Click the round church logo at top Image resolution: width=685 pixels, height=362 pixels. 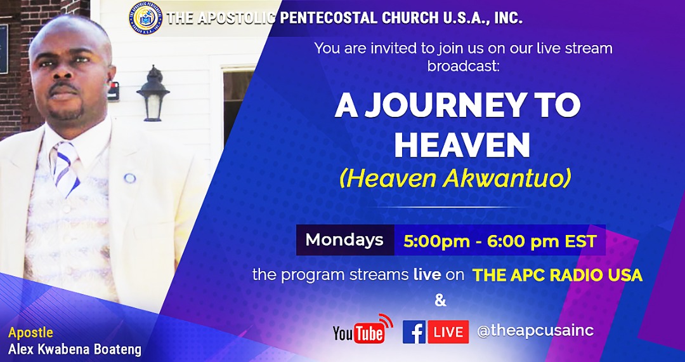[146, 18]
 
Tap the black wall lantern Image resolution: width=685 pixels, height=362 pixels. [153, 93]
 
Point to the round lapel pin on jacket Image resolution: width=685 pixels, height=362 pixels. [130, 178]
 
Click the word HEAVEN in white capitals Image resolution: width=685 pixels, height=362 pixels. [462, 145]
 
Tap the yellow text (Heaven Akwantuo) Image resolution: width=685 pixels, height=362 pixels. [455, 179]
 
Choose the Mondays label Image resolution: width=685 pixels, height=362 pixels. [344, 239]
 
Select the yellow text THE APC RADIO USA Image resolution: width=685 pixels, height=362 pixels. [558, 275]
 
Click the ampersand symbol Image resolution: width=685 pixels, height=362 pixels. [441, 301]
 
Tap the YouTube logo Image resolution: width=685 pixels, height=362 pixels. [363, 329]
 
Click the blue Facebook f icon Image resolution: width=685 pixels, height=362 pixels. [414, 332]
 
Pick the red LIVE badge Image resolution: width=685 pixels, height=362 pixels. [448, 332]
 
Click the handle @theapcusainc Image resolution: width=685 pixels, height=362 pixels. [535, 331]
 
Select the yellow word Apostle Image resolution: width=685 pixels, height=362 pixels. [30, 333]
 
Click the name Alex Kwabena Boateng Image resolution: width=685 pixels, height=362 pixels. [75, 350]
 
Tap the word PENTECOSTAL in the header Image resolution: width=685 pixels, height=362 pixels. [329, 18]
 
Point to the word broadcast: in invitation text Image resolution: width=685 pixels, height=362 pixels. [462, 67]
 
